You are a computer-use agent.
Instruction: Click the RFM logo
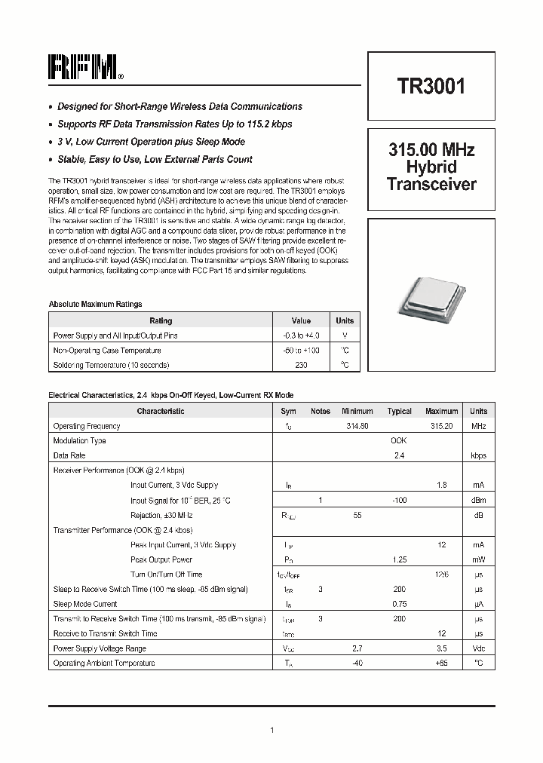coord(84,67)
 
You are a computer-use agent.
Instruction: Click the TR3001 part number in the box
coord(431,86)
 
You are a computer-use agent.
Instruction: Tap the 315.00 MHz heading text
coord(431,150)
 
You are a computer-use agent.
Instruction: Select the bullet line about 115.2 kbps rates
coord(174,124)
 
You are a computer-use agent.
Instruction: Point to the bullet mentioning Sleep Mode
coord(151,142)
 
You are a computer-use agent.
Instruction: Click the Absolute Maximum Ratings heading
coord(95,304)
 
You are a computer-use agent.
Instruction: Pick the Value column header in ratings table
coord(301,320)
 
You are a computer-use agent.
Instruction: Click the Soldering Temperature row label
coord(111,365)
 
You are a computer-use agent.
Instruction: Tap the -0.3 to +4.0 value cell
coord(301,336)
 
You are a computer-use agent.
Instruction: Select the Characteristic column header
coord(160,412)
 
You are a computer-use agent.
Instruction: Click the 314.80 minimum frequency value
coord(357,426)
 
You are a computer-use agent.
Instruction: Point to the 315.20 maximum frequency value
coord(441,426)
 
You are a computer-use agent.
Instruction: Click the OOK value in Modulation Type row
coord(399,441)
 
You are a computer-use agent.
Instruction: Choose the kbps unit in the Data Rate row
coord(478,455)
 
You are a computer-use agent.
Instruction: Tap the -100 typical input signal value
coord(399,500)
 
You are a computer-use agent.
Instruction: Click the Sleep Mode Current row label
coord(84,604)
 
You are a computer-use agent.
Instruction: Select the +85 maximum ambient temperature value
coord(441,663)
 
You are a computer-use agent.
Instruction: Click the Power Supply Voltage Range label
coord(100,648)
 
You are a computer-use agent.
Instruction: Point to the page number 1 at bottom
coord(271,730)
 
